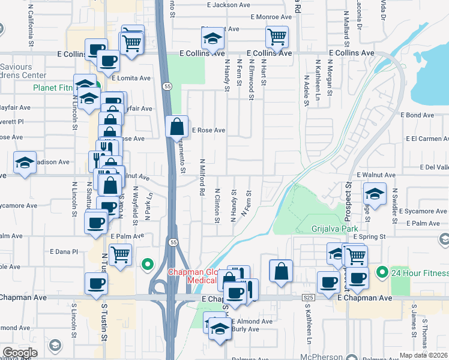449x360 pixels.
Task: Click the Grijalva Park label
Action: (x=334, y=229)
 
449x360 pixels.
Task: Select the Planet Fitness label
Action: (x=55, y=88)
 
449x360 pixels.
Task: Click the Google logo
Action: (x=20, y=353)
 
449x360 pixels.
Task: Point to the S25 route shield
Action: (x=309, y=297)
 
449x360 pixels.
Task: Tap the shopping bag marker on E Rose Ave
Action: (x=176, y=127)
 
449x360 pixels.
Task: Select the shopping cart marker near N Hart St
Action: (x=277, y=37)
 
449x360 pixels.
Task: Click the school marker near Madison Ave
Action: (x=25, y=162)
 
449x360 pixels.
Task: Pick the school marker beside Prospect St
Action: (x=375, y=194)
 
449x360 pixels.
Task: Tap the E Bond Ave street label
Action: (x=419, y=115)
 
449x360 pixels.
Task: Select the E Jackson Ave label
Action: (x=228, y=5)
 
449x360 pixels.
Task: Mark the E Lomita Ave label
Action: (x=131, y=78)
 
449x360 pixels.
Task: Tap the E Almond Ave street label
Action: (x=252, y=321)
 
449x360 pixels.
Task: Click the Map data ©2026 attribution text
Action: (x=423, y=355)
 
